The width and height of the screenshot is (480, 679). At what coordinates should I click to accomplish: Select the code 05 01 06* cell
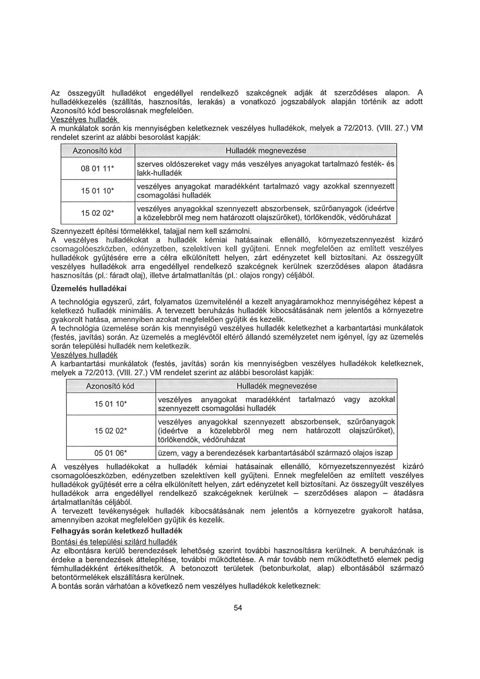pos(111,453)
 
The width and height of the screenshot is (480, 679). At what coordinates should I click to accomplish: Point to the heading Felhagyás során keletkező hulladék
pos(117,530)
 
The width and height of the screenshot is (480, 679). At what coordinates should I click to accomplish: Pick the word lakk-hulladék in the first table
pos(160,173)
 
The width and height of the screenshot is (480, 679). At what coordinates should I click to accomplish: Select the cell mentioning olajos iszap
pos(276,453)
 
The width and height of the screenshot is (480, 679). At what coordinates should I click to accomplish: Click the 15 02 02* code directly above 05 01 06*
pos(111,431)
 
